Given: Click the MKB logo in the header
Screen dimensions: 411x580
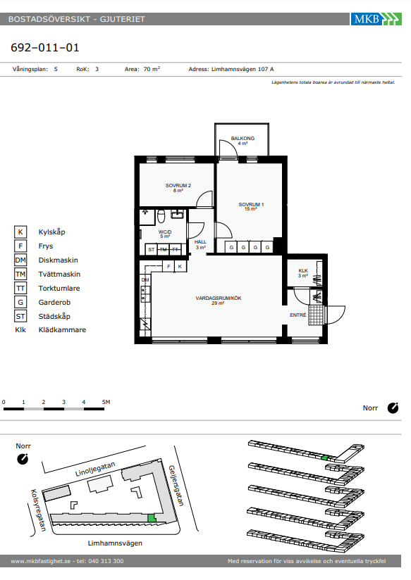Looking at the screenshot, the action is [376, 19].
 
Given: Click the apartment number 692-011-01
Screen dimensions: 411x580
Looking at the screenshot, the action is [45, 48].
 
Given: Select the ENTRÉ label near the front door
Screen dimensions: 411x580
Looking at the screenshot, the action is [298, 315].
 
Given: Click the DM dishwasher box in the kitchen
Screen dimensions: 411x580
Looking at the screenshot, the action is [145, 280].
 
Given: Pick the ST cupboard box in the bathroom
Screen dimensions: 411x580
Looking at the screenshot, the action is [151, 249].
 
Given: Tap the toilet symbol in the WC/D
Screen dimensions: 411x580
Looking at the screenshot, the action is [161, 216].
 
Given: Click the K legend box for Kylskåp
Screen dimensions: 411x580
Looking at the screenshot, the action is [20, 232].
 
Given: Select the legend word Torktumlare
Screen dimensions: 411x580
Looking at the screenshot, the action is [59, 288].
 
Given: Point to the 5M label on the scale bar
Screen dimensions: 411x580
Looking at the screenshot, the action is [106, 402].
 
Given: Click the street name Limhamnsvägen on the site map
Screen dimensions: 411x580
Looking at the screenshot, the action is [115, 543].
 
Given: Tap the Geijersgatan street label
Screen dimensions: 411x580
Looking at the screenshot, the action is [176, 485].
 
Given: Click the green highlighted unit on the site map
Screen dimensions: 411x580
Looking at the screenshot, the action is [151, 518].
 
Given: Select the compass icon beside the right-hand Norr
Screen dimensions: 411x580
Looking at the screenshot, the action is [393, 408].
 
